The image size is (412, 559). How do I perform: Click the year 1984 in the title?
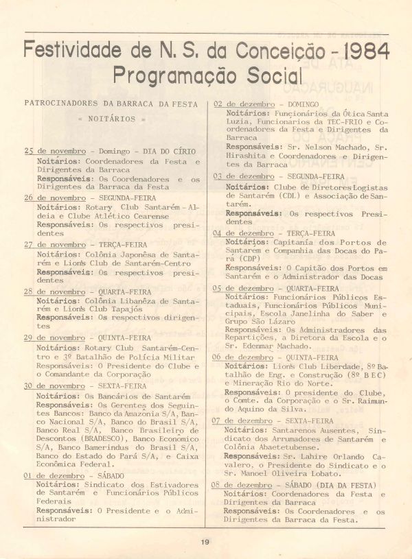(358, 51)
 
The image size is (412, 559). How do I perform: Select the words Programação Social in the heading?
(208, 75)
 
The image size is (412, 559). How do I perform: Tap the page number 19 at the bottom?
(205, 542)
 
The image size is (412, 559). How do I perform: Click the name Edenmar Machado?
(272, 347)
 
